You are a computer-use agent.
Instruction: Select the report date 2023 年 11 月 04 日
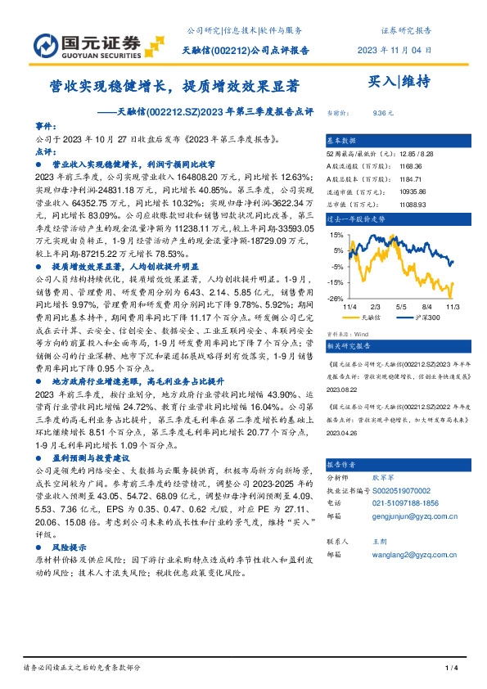[x=395, y=52]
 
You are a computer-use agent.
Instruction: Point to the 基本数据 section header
[x=344, y=142]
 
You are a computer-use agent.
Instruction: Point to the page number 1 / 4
[x=449, y=669]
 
